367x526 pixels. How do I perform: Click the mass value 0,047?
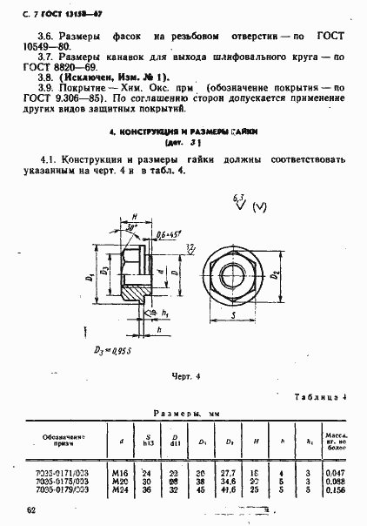tap(333, 472)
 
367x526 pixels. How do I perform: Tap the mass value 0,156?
tap(333, 490)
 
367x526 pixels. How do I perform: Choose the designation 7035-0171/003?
tap(59, 472)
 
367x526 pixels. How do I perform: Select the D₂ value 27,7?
tap(230, 472)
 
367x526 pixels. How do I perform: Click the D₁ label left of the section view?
tap(89, 278)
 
